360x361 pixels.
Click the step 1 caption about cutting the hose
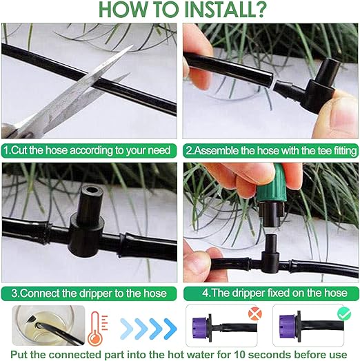87,151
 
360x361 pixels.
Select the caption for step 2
271,151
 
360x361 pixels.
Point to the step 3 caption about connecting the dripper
89,293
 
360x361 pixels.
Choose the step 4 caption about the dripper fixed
274,293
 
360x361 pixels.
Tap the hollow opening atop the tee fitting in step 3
92,191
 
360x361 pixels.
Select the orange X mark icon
255,313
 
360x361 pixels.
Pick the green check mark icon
344,314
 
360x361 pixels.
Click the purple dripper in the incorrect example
200,327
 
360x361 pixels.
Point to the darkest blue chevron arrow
170,329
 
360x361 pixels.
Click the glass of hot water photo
48,325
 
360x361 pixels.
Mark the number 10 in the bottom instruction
240,355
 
